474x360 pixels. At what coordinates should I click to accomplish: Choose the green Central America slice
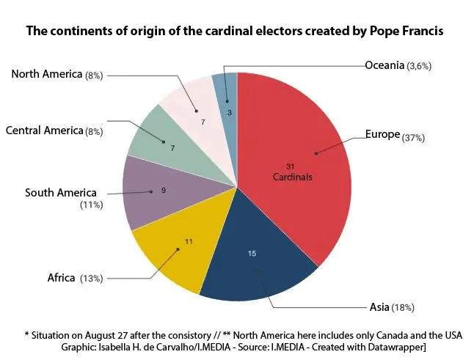(x=158, y=139)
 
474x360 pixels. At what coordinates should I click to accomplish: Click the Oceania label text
(x=384, y=65)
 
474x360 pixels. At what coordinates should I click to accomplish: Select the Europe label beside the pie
(x=382, y=135)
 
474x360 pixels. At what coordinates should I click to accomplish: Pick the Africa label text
(x=61, y=278)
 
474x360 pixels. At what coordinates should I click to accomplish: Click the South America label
(x=61, y=193)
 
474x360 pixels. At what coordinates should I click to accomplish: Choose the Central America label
(x=44, y=131)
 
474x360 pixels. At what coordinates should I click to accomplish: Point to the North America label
(x=47, y=75)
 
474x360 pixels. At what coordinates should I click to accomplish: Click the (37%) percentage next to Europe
(x=413, y=138)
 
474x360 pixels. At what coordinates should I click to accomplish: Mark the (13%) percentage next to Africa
(x=92, y=279)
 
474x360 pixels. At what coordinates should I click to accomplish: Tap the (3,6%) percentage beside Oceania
(x=419, y=67)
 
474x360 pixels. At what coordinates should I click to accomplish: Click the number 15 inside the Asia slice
(x=252, y=254)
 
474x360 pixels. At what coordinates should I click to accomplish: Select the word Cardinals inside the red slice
(x=293, y=177)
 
